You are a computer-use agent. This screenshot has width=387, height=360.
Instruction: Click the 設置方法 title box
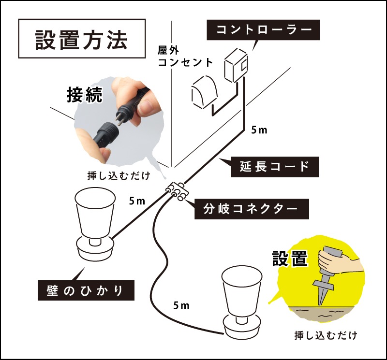tap(82, 39)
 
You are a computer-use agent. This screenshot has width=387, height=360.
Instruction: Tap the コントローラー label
tap(263, 30)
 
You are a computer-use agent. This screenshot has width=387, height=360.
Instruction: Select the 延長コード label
tap(274, 167)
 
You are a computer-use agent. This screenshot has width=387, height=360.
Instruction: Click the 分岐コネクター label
tap(252, 209)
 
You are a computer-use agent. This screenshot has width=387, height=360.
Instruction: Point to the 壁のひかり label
tap(86, 290)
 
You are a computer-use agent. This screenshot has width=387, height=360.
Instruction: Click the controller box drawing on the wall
tap(236, 65)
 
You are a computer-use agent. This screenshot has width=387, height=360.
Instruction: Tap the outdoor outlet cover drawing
tap(204, 93)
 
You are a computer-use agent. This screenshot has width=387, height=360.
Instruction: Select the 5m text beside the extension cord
tap(259, 130)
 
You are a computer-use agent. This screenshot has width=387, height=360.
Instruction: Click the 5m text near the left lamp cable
tap(137, 201)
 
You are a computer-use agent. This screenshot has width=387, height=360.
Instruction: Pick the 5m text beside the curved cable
tap(181, 305)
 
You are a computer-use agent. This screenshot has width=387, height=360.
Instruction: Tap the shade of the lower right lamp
tap(241, 291)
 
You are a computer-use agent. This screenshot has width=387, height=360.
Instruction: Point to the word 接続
tap(84, 95)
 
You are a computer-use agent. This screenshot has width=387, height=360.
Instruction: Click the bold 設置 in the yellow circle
tap(290, 259)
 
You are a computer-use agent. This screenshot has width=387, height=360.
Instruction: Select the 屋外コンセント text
tap(185, 57)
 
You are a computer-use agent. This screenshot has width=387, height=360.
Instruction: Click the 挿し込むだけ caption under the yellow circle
tap(326, 335)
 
